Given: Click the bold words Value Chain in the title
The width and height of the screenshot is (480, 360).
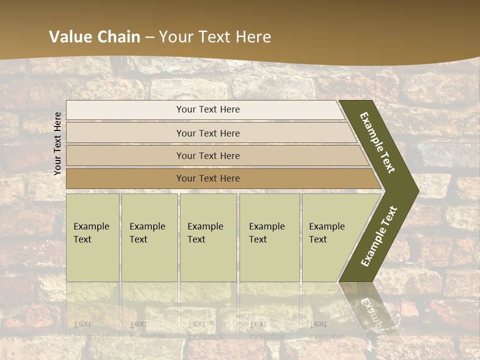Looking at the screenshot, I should tap(94, 37).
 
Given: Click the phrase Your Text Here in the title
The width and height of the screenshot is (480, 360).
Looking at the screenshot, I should tap(214, 37).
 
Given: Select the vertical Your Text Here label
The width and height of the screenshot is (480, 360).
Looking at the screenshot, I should tap(57, 143).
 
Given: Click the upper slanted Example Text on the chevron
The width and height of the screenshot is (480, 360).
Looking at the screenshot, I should tap(378, 142).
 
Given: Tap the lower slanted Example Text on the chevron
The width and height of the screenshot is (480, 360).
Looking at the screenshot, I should tap(379, 236).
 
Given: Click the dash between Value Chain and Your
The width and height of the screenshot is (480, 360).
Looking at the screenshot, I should tap(149, 37).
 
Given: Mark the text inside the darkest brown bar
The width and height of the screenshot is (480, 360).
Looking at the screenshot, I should tap(208, 178).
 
